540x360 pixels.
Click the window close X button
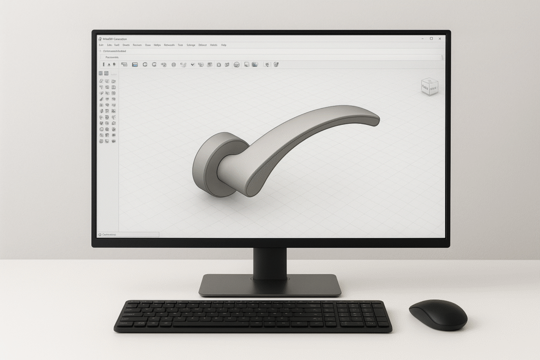click(x=441, y=38)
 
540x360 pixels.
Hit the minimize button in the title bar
click(x=422, y=38)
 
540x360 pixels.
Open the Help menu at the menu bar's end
click(x=224, y=45)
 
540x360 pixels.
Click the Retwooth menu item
click(x=169, y=45)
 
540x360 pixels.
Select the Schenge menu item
click(x=190, y=45)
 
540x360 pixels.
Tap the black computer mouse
click(x=438, y=315)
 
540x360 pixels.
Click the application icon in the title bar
click(x=100, y=38)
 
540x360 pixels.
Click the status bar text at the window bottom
click(x=110, y=234)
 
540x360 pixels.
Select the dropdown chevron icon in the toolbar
click(x=192, y=64)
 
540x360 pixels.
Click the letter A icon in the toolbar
click(x=109, y=64)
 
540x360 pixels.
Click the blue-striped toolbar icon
click(x=134, y=64)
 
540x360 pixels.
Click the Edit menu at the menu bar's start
click(x=101, y=45)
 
